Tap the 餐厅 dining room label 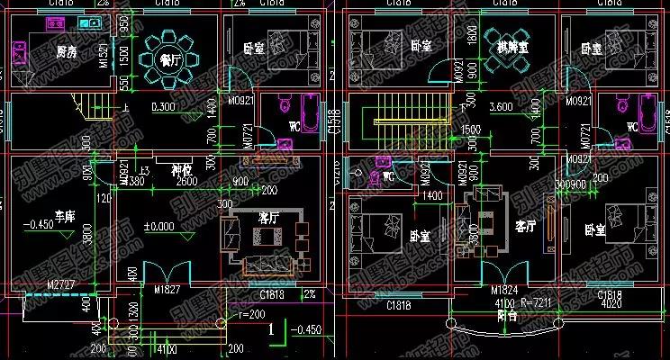169,60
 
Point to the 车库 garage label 64,217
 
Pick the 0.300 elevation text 164,107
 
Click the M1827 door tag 167,291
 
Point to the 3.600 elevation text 501,107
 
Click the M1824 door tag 504,291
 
